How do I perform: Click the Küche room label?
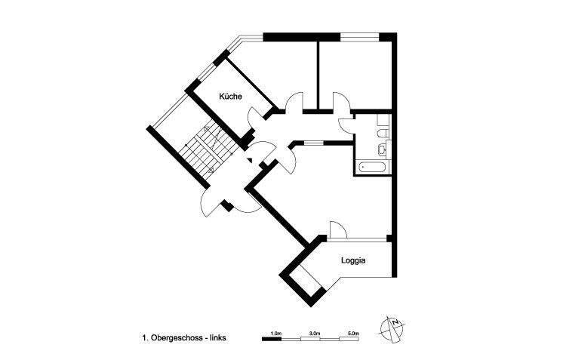click(x=230, y=97)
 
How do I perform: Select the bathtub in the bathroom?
click(x=374, y=165)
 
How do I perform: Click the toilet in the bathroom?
click(x=383, y=134)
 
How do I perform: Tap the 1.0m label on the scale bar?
click(x=275, y=332)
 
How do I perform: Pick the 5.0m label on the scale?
click(x=352, y=332)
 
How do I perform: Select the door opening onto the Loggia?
click(x=337, y=229)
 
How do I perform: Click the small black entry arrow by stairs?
click(x=250, y=160)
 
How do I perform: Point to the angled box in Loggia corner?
click(x=306, y=282)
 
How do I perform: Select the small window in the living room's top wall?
click(x=313, y=141)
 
